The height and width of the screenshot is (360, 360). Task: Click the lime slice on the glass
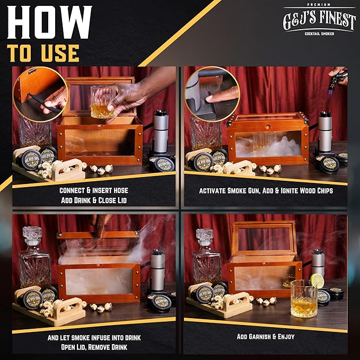point(317,282)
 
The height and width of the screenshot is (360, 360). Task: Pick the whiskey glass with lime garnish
point(304,298)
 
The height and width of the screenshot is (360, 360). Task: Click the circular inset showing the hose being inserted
point(40,94)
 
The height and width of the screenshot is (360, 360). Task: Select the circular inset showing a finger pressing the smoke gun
point(212,94)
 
